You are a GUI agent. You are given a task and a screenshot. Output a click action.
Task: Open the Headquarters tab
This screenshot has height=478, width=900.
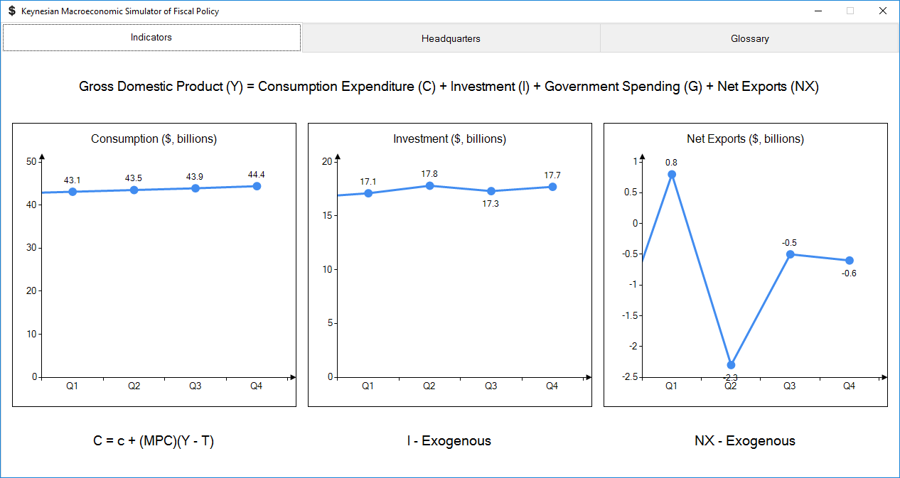click(451, 38)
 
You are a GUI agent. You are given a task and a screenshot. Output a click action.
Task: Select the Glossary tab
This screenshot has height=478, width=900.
click(749, 38)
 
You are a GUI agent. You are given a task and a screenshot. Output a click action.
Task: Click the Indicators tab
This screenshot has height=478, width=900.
click(151, 38)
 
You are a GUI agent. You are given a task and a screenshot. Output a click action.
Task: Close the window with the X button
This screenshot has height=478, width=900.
click(882, 11)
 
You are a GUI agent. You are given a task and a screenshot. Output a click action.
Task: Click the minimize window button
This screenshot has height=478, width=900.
click(818, 11)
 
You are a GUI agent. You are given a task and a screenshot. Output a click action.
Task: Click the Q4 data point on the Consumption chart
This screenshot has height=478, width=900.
click(257, 186)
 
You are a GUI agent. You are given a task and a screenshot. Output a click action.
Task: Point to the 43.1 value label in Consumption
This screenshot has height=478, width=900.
click(73, 180)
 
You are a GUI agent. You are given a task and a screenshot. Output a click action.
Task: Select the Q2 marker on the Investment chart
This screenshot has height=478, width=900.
click(429, 185)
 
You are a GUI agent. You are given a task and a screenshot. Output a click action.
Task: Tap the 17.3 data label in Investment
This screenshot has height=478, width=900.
click(491, 204)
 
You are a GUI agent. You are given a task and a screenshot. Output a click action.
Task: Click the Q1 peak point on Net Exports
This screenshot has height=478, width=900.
click(672, 174)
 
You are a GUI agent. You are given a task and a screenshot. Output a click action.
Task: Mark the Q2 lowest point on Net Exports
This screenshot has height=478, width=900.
click(731, 365)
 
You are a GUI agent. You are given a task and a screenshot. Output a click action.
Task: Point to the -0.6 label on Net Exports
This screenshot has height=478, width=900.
click(849, 273)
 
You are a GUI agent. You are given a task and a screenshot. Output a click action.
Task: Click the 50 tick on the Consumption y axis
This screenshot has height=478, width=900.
click(31, 161)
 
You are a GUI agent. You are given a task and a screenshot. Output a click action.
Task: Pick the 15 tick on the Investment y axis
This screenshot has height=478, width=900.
click(327, 215)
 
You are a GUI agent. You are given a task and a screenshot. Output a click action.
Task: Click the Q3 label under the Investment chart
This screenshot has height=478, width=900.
click(491, 386)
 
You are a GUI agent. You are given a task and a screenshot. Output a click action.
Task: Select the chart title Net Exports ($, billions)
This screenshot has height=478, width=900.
click(745, 139)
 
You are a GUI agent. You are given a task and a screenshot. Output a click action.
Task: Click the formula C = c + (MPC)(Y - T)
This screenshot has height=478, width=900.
click(154, 441)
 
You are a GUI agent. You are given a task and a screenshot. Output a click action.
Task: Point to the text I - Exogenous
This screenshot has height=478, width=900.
click(449, 441)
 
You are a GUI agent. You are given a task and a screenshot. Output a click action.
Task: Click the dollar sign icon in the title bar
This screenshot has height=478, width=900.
click(11, 11)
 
